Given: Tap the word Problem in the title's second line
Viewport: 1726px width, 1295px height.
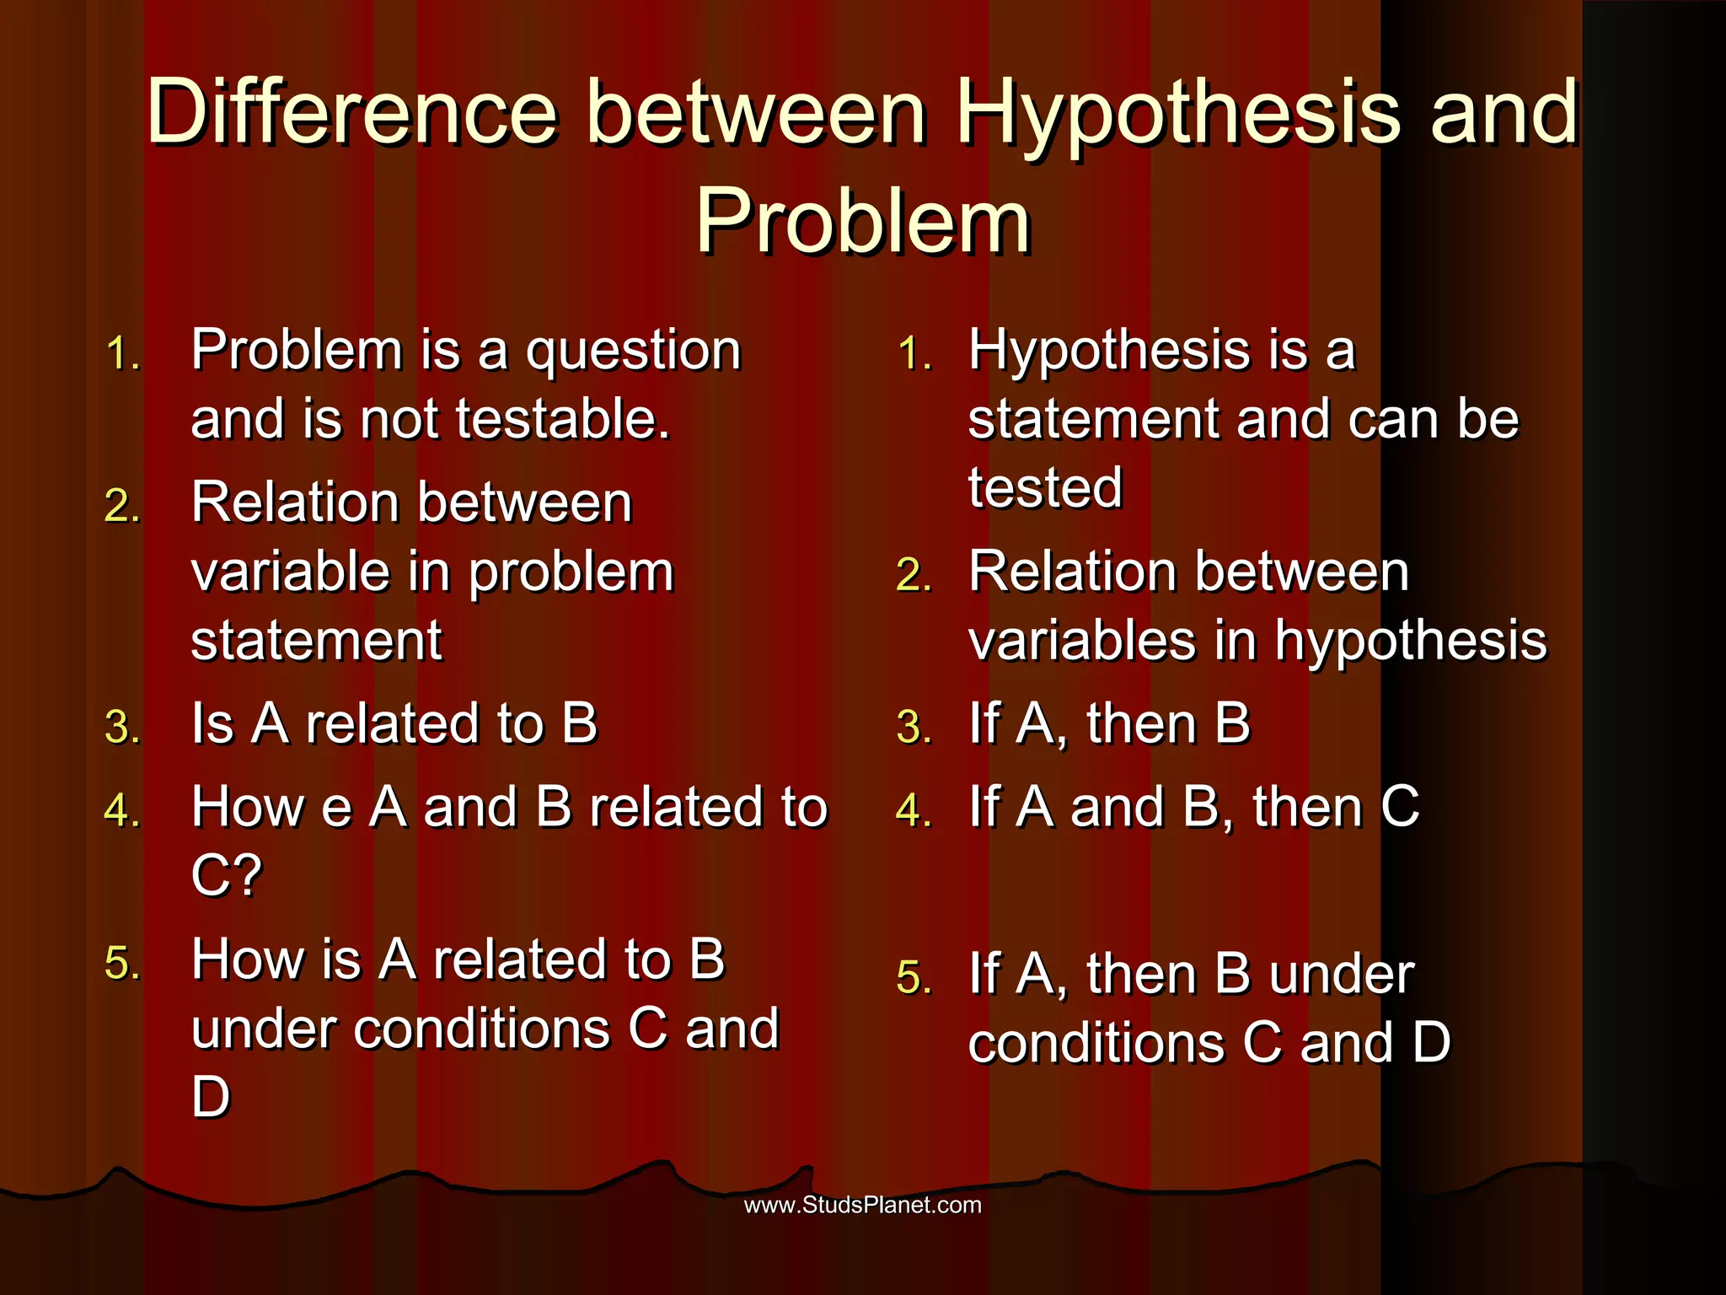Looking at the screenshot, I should [x=863, y=221].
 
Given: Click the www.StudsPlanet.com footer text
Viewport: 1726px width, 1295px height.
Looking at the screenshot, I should [x=862, y=1205].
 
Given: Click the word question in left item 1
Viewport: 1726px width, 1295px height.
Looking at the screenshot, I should [x=633, y=352].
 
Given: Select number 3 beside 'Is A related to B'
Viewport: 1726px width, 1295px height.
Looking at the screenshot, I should [x=122, y=727].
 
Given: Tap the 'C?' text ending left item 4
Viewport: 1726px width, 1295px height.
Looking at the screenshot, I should [x=227, y=875].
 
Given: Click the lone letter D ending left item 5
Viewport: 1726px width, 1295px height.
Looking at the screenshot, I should [x=211, y=1098].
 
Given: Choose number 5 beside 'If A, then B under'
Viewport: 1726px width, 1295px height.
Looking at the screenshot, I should [x=914, y=978].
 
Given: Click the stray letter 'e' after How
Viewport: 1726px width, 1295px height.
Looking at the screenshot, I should [x=336, y=809].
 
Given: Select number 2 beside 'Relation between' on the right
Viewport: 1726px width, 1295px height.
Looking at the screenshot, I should [x=914, y=576].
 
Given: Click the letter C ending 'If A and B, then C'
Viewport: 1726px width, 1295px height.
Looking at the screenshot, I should [x=1400, y=807].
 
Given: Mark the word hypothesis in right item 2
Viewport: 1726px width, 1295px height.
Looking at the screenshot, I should [x=1411, y=641].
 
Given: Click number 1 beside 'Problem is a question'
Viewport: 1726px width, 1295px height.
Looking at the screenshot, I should [x=122, y=353].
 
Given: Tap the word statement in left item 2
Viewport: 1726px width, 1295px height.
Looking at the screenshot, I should [x=316, y=641].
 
